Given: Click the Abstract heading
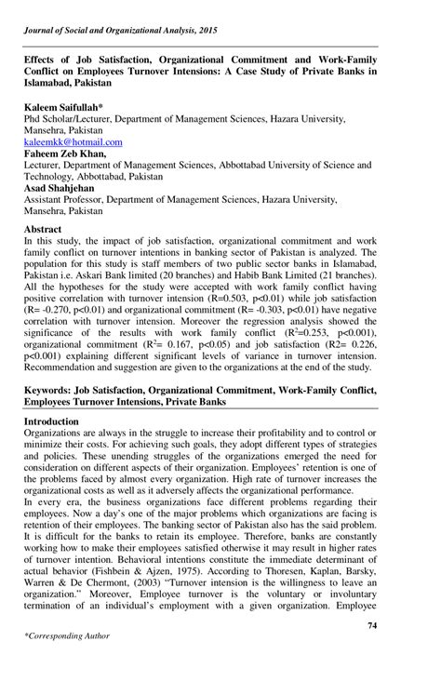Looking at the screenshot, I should [x=43, y=229].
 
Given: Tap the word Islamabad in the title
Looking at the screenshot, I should [x=50, y=82].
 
